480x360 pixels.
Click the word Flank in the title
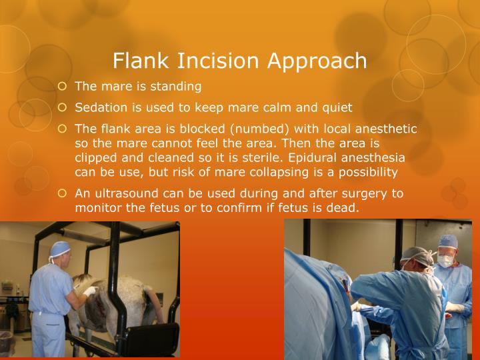[141, 60]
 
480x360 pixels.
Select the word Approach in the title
[317, 61]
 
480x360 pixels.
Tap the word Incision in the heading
[218, 60]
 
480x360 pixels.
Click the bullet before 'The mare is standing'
[62, 86]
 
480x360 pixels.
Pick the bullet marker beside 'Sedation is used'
[62, 107]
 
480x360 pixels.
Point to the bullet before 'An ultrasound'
[62, 193]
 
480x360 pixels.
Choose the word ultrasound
[127, 193]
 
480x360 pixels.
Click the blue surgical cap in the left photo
[60, 248]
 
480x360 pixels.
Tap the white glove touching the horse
[90, 291]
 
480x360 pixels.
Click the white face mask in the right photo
[445, 261]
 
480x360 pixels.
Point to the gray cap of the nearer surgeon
[416, 256]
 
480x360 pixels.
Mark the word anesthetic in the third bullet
[386, 129]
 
